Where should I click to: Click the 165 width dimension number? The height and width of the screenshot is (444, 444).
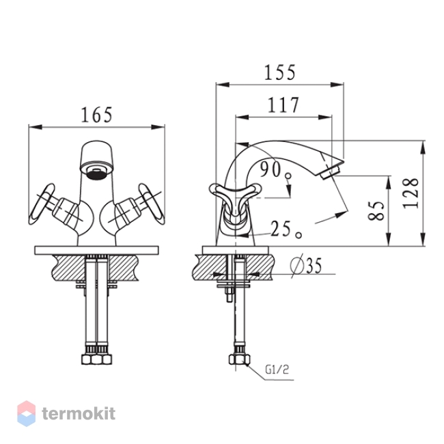tap(96, 115)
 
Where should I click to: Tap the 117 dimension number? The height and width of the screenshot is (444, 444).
tap(282, 105)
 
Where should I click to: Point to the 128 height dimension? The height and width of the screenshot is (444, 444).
tap(411, 193)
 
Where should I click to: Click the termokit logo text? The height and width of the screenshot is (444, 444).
tap(79, 413)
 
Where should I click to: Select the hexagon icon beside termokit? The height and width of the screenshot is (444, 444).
tap(26, 413)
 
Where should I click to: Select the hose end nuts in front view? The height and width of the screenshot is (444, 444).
tap(96, 359)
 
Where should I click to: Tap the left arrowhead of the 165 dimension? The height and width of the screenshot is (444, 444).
tap(31, 126)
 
